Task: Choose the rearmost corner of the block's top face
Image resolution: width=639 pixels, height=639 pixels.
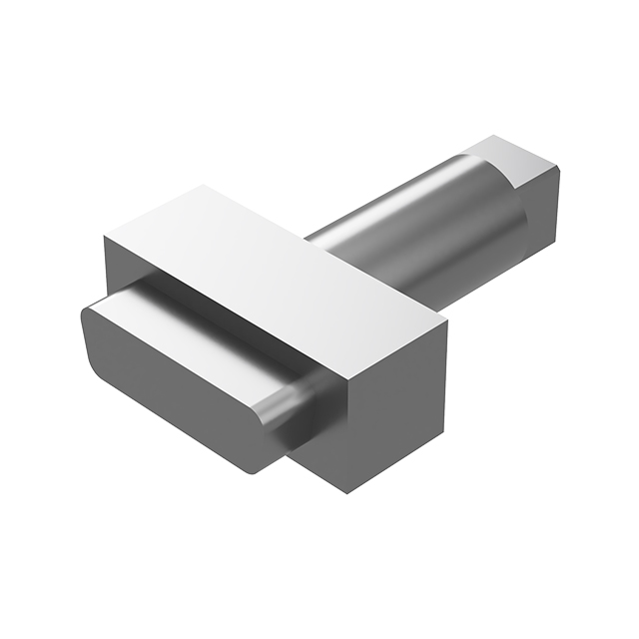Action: point(206,186)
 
